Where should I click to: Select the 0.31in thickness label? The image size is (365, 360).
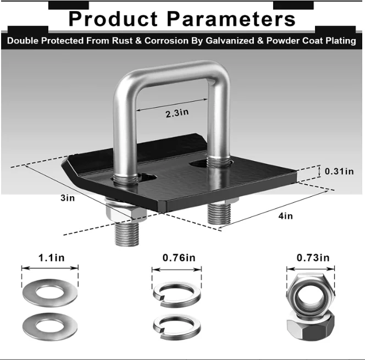tap(340, 171)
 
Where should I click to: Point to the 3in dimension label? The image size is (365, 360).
tap(68, 197)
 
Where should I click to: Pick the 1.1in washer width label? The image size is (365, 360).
tap(50, 257)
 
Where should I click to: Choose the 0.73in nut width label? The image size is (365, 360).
tap(313, 257)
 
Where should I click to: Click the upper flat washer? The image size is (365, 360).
tap(50, 291)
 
